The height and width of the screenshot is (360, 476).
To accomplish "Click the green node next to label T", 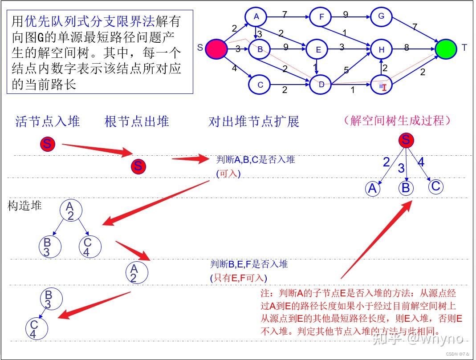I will click(446, 49).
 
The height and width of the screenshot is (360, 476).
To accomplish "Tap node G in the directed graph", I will click(381, 17).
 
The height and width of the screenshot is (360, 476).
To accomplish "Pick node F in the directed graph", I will click(321, 17).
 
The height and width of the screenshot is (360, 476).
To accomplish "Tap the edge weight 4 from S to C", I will click(234, 69).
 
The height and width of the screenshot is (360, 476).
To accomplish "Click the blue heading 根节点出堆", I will click(137, 121).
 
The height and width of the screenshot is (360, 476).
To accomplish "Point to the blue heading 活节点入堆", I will click(48, 121).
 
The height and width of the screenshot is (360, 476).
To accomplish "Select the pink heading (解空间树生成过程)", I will click(398, 120).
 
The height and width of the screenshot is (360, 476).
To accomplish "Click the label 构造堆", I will click(24, 206).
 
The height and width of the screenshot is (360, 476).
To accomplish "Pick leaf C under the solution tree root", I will click(436, 186).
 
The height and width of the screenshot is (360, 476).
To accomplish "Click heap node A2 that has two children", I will click(70, 211).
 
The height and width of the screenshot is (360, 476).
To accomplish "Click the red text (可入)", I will click(228, 174).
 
